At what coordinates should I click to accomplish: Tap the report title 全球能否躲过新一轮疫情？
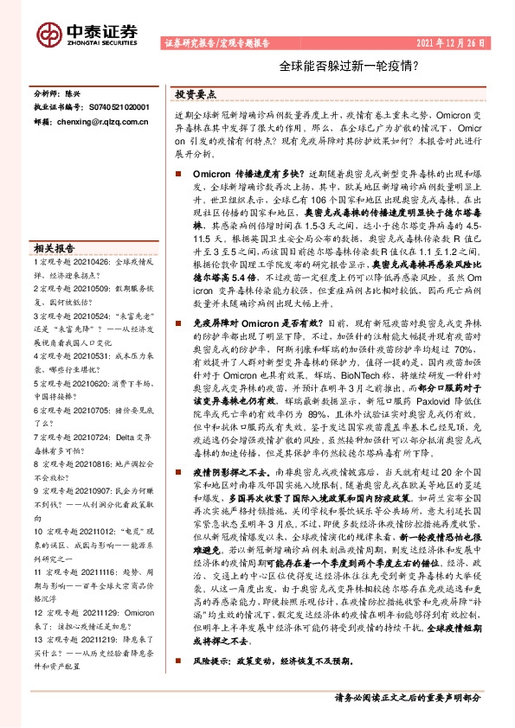click(x=332, y=64)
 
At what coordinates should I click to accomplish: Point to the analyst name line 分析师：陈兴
click(x=57, y=93)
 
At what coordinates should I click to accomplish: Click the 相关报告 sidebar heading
click(x=55, y=246)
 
